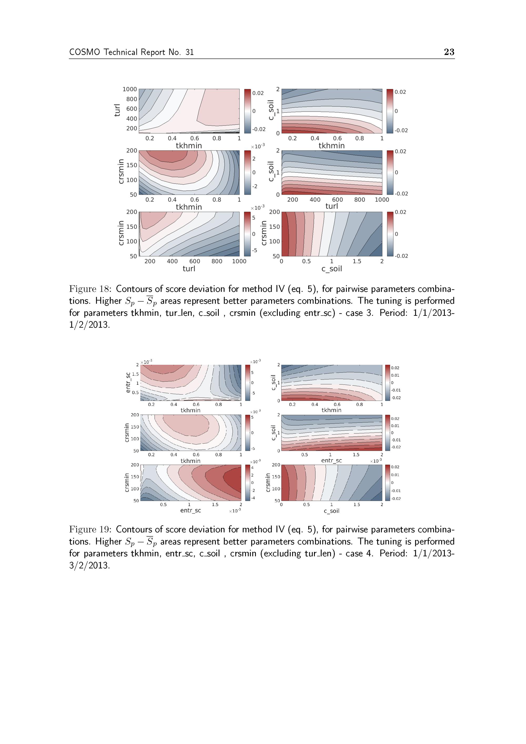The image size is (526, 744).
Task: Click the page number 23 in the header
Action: pyautogui.click(x=449, y=52)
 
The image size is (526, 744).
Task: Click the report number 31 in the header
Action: pyautogui.click(x=189, y=52)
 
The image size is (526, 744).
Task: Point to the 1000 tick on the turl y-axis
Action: pyautogui.click(x=130, y=89)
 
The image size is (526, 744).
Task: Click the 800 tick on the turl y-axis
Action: pyautogui.click(x=131, y=99)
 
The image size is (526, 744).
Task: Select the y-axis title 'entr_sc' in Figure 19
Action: pyautogui.click(x=128, y=383)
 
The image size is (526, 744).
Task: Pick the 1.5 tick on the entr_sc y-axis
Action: pyautogui.click(x=135, y=374)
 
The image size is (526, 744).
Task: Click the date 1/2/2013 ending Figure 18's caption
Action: pyautogui.click(x=89, y=325)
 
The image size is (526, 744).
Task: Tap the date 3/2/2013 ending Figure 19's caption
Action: pyautogui.click(x=89, y=566)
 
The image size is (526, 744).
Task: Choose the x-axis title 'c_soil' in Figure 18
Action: pyautogui.click(x=332, y=269)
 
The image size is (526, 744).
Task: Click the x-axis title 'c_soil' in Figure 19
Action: pyautogui.click(x=332, y=511)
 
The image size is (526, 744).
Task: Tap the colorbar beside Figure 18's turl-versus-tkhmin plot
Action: pyautogui.click(x=247, y=111)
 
